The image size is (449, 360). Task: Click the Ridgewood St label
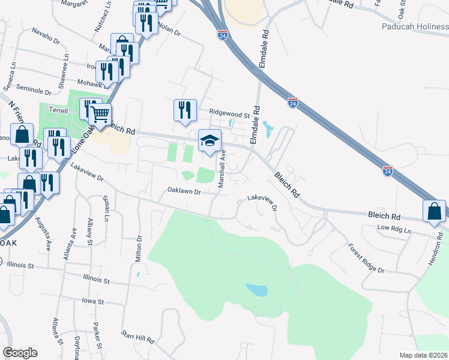[x=229, y=113]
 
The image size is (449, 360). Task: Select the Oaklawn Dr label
[x=184, y=191]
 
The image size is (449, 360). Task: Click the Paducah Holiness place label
[x=415, y=26]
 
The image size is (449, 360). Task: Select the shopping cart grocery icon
[x=101, y=112]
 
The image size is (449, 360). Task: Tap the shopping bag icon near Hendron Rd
[x=434, y=212]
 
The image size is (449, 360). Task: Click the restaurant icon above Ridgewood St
[x=185, y=110]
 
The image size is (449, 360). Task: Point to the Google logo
[x=20, y=353]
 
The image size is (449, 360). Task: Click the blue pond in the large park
[x=256, y=290]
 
